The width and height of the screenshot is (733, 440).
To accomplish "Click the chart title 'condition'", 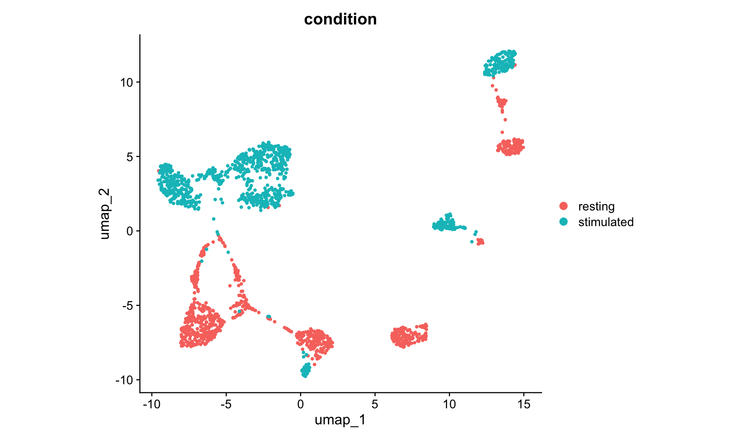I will (340, 19).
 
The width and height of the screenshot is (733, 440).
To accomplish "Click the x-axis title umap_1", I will (340, 420).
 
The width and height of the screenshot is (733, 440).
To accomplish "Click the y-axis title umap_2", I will (104, 214).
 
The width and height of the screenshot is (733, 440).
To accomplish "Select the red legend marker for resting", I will (563, 206).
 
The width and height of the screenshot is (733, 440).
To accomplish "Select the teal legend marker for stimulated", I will (563, 222).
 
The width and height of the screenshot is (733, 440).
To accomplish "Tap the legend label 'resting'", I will (596, 206).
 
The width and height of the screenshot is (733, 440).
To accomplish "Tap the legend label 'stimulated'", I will (606, 222).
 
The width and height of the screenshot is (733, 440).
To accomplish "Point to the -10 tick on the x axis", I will (152, 404).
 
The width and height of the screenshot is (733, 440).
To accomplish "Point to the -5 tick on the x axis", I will (226, 404).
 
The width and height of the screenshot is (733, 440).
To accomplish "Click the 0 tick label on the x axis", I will (300, 404).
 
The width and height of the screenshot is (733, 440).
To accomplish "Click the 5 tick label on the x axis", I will (375, 404).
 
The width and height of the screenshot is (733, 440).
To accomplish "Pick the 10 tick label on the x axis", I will (449, 404).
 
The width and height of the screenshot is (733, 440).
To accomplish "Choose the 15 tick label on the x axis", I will (524, 404).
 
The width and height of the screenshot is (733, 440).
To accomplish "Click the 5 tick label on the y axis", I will (129, 157).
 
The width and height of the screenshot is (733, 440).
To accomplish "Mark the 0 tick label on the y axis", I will (129, 231).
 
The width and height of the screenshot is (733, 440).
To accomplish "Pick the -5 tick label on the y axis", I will (127, 306).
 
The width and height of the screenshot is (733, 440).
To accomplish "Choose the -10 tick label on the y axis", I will (124, 380).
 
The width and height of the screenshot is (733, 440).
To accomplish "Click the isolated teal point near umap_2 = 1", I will (214, 219).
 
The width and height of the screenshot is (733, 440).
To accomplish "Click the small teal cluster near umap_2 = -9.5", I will (305, 370).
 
